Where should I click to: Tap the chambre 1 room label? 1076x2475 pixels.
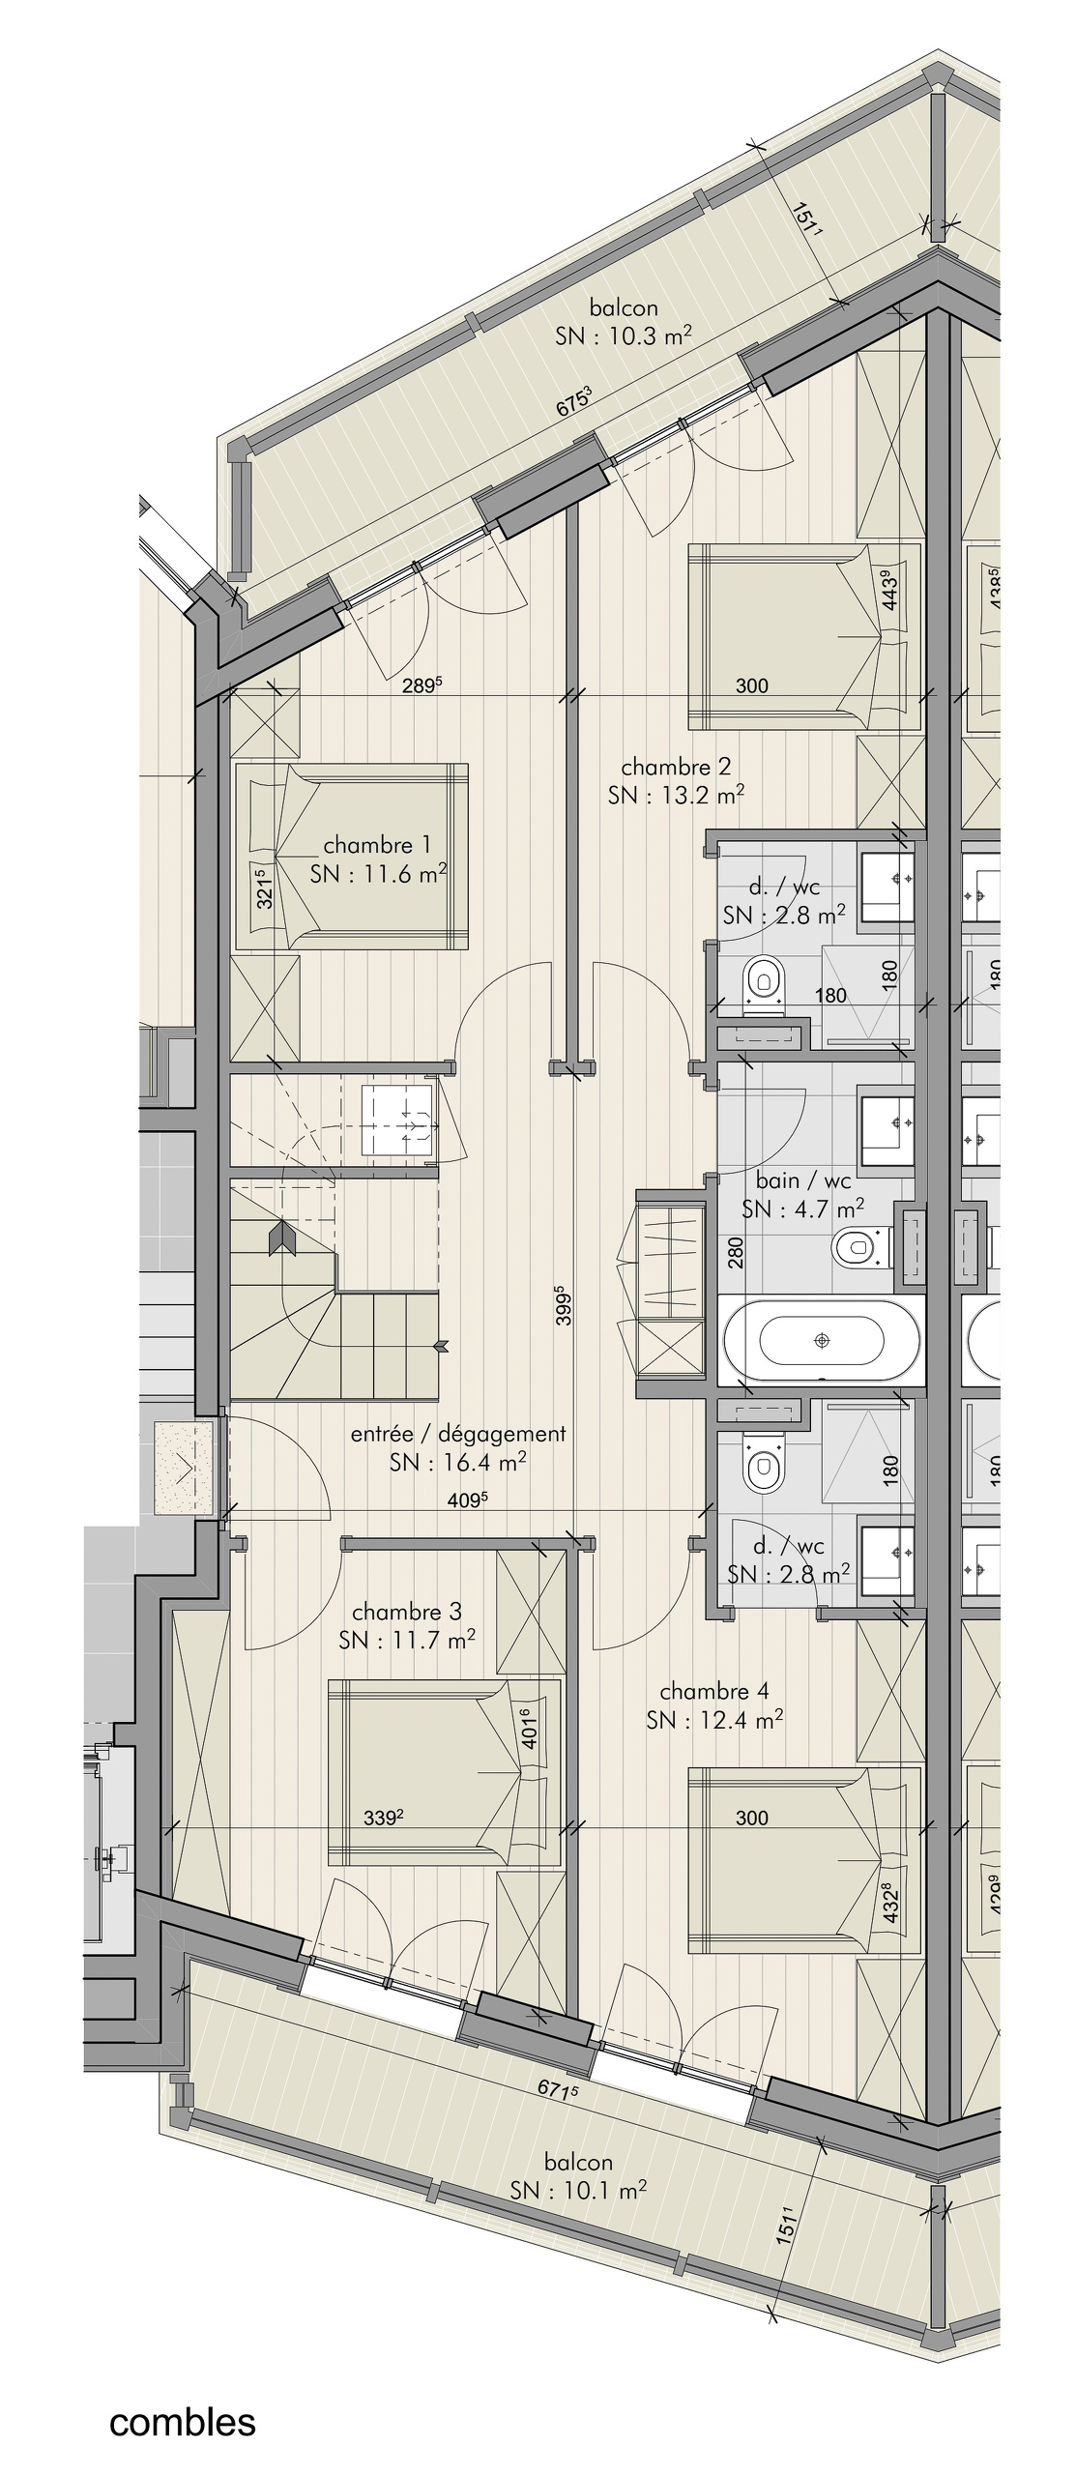tap(378, 844)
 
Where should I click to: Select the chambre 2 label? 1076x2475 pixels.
tap(676, 767)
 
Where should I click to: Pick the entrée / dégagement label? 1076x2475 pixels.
tap(458, 1434)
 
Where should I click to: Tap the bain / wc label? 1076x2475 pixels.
tap(803, 1179)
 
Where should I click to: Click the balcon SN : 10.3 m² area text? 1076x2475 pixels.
tap(624, 322)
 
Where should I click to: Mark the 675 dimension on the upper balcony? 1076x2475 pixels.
tap(573, 401)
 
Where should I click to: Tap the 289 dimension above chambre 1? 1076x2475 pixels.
tap(422, 686)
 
